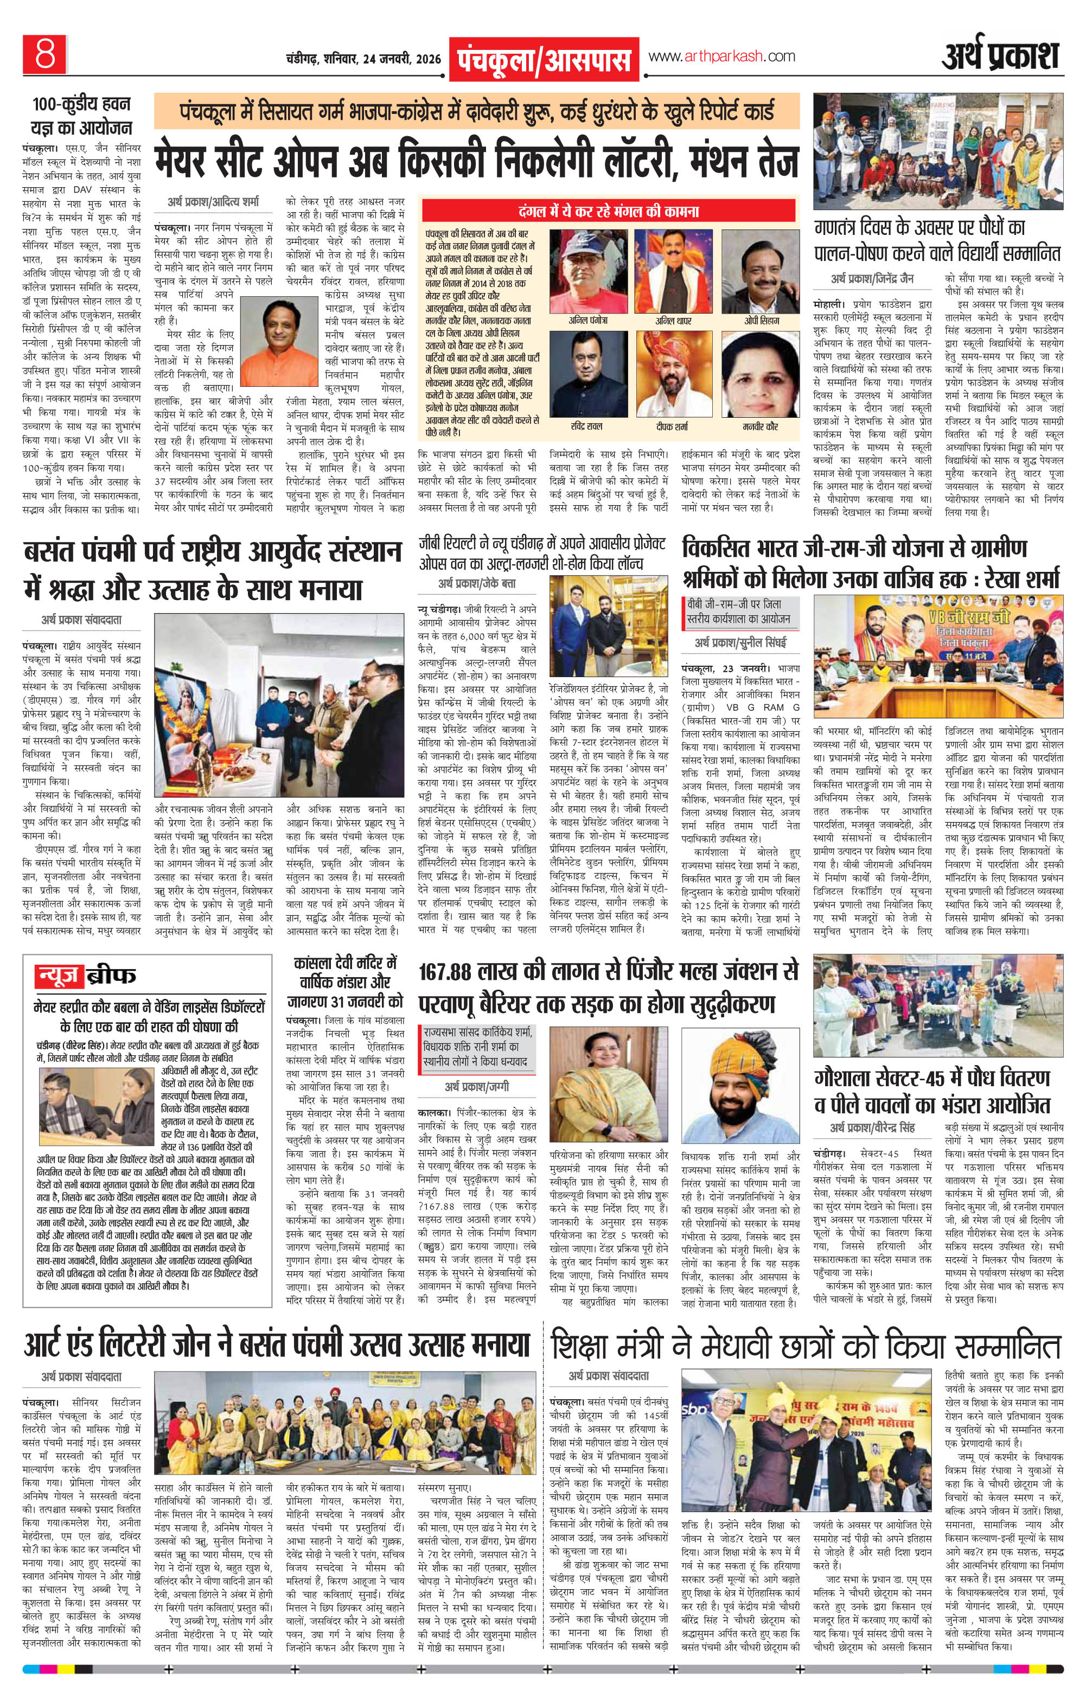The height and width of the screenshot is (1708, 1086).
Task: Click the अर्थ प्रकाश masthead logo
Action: click(x=1000, y=58)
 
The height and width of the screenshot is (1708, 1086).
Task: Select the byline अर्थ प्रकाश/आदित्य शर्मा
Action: click(x=213, y=203)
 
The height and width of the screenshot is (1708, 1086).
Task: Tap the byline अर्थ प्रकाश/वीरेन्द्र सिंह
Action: click(x=872, y=1127)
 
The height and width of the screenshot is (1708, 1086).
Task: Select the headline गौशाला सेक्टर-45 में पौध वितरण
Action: click(x=931, y=1078)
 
